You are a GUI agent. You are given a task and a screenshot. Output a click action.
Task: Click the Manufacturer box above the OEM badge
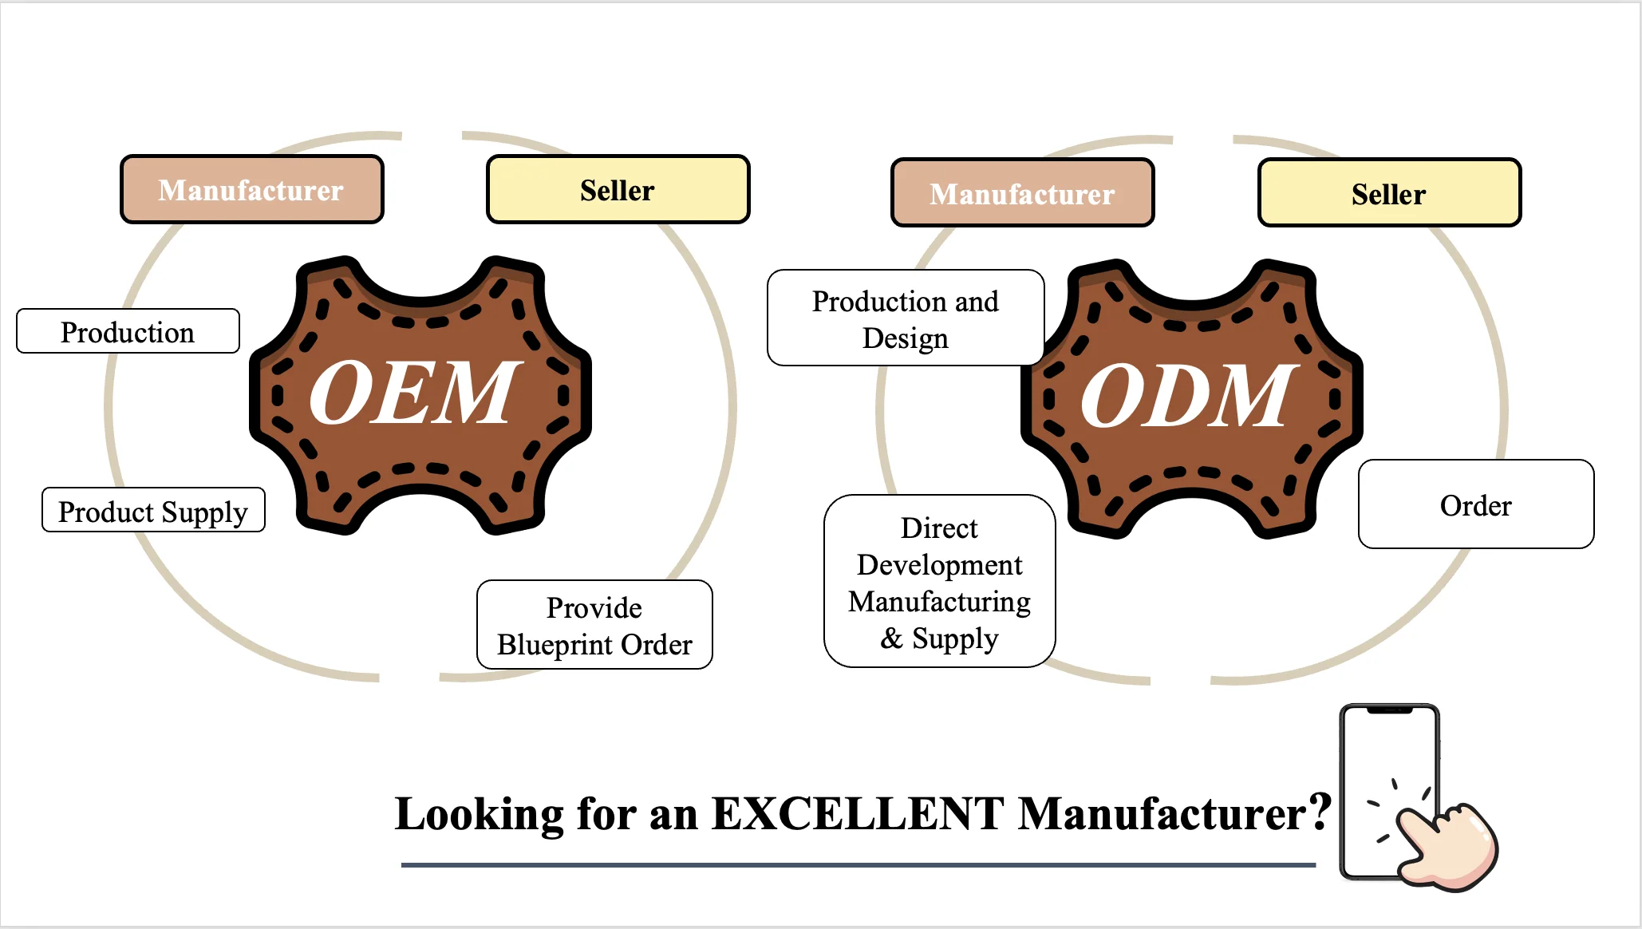tap(251, 190)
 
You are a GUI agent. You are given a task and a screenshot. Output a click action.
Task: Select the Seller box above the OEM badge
tap(618, 190)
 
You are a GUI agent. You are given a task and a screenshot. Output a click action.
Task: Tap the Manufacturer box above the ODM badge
tap(1022, 193)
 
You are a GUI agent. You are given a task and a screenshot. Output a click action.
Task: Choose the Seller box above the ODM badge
tap(1389, 193)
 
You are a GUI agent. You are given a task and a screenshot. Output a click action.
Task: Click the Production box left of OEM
tap(128, 331)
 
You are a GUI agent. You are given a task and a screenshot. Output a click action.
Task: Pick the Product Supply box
tap(153, 510)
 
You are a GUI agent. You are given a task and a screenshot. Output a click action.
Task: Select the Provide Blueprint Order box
tap(594, 625)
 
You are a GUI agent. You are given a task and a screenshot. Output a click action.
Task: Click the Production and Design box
tap(906, 318)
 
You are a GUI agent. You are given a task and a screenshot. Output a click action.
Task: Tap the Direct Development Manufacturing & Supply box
tap(939, 582)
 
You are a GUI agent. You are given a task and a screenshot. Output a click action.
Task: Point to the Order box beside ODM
tap(1476, 504)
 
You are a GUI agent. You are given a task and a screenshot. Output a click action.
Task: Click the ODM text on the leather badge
tap(1186, 396)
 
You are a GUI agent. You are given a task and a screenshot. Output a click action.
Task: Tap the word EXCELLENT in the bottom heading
tap(858, 814)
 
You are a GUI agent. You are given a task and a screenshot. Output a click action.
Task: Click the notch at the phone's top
tap(1389, 710)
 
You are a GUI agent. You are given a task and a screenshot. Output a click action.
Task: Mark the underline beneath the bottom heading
tap(858, 864)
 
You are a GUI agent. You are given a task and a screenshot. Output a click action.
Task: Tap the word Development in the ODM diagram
tap(939, 565)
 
